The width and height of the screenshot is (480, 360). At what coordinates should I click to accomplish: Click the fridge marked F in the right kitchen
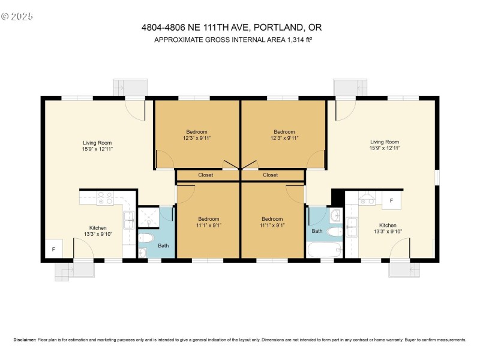392,200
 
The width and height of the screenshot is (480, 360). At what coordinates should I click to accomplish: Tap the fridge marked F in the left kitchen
53,249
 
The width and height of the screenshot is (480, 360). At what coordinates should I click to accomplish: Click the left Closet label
205,175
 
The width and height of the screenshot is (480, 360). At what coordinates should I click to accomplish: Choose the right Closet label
270,175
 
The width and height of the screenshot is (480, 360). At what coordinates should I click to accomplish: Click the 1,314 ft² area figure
296,40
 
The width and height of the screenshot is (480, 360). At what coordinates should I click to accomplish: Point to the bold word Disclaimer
25,340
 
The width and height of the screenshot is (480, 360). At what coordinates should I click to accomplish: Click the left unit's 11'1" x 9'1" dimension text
208,226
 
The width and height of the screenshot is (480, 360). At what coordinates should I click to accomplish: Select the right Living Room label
384,142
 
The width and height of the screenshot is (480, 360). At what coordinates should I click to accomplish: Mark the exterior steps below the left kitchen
73,271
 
